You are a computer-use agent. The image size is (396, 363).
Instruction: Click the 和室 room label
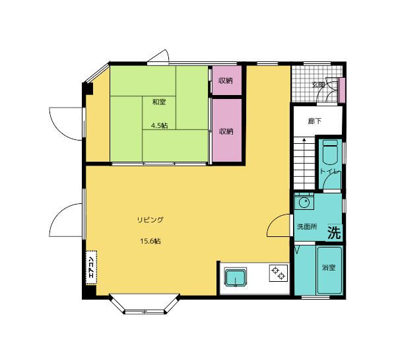159,102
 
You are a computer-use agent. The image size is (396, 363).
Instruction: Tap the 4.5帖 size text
159,125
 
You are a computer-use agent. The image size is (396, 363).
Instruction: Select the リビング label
150,220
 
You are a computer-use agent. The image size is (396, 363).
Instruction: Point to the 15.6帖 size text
150,241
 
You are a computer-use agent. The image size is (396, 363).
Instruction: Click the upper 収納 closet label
226,81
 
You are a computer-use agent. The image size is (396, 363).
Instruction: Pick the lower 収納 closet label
226,131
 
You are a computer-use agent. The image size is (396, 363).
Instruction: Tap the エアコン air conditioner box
91,268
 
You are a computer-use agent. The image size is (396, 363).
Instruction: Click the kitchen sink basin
236,277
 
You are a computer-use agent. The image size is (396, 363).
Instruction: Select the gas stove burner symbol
278,273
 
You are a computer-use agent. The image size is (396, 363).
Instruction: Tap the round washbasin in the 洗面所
304,203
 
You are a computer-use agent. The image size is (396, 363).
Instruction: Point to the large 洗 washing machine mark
334,233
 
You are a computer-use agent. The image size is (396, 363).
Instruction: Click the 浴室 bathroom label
329,267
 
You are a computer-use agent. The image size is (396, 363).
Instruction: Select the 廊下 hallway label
315,121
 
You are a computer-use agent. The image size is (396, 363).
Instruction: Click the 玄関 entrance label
319,85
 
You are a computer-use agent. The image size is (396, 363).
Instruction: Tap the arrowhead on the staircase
304,139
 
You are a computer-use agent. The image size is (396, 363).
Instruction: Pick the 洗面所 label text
307,226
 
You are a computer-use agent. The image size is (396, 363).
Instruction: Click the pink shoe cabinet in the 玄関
341,90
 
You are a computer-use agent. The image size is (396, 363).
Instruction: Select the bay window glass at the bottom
145,312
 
